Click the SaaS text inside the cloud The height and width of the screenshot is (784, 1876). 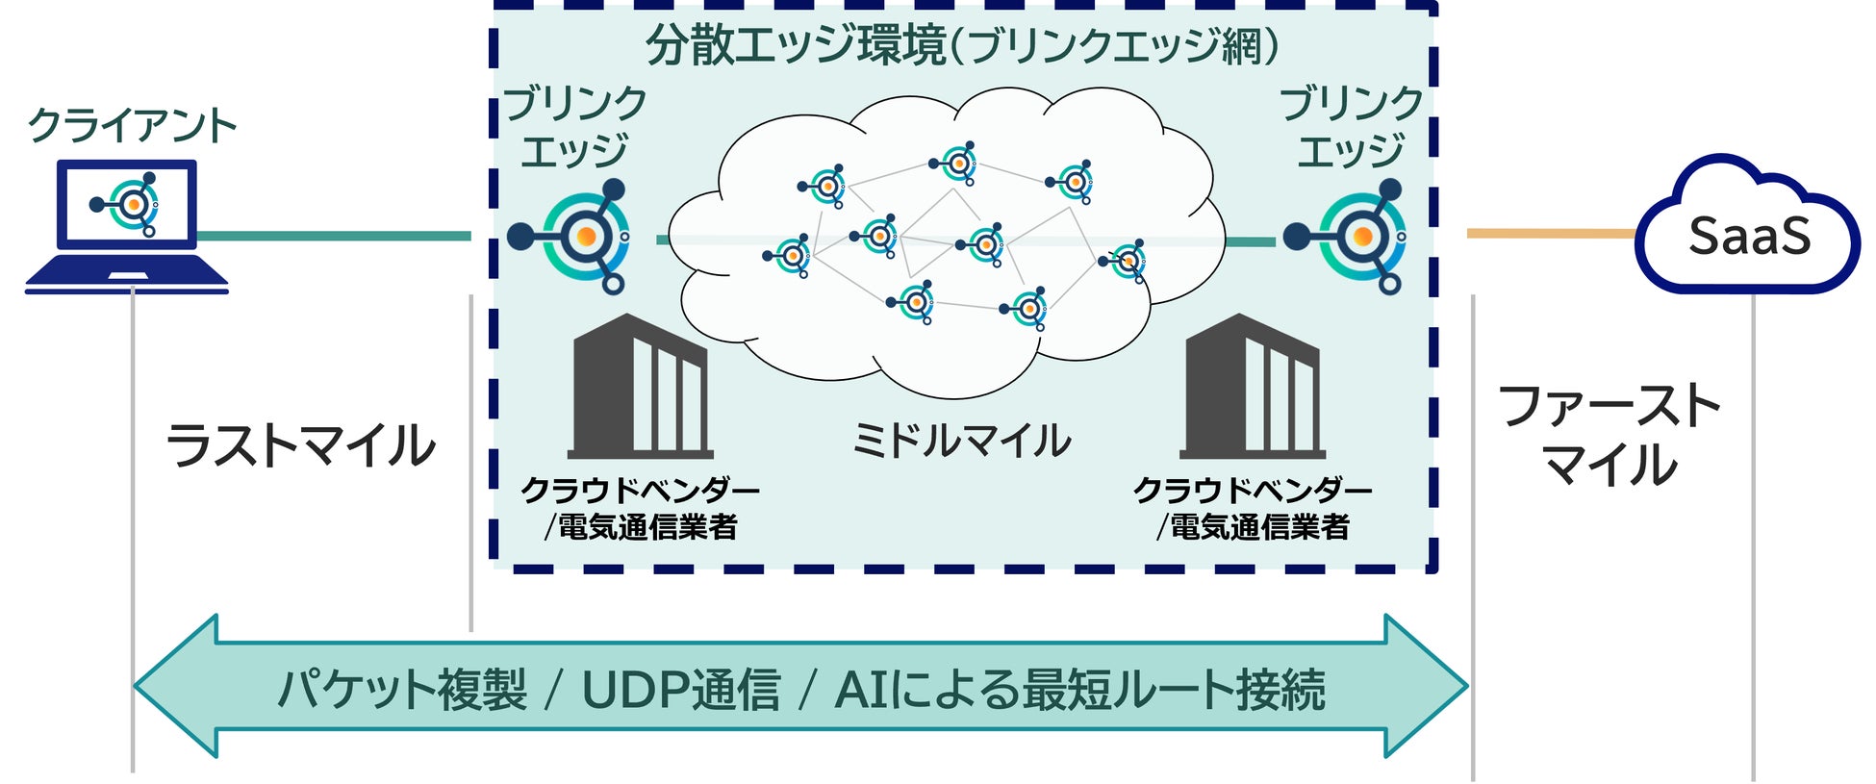pyautogui.click(x=1749, y=237)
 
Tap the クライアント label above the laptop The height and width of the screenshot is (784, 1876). pyautogui.click(x=132, y=125)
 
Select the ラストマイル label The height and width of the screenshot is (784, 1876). pyautogui.click(x=301, y=445)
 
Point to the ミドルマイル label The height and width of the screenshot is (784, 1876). pyautogui.click(x=961, y=441)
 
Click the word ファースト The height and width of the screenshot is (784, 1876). pyautogui.click(x=1609, y=406)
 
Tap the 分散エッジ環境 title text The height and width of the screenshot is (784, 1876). pyautogui.click(x=796, y=45)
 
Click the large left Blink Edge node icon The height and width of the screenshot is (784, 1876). pyautogui.click(x=583, y=236)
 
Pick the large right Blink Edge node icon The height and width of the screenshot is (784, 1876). pyautogui.click(x=1359, y=236)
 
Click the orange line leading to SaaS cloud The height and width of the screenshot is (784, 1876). pyautogui.click(x=1549, y=234)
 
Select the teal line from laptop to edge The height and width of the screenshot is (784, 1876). pyautogui.click(x=333, y=236)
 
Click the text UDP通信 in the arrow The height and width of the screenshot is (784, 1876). pyautogui.click(x=680, y=690)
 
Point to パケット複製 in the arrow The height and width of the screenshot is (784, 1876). pyautogui.click(x=402, y=690)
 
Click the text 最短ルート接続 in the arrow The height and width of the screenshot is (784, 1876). pyautogui.click(x=1173, y=690)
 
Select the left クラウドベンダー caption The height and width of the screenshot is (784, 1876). pyautogui.click(x=640, y=491)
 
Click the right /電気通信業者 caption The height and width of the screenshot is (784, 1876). pyautogui.click(x=1252, y=527)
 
